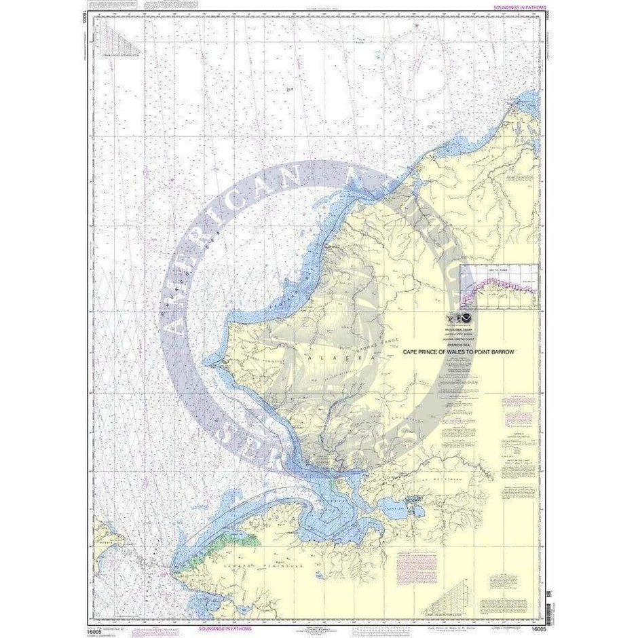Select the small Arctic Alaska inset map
[x=499, y=286]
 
